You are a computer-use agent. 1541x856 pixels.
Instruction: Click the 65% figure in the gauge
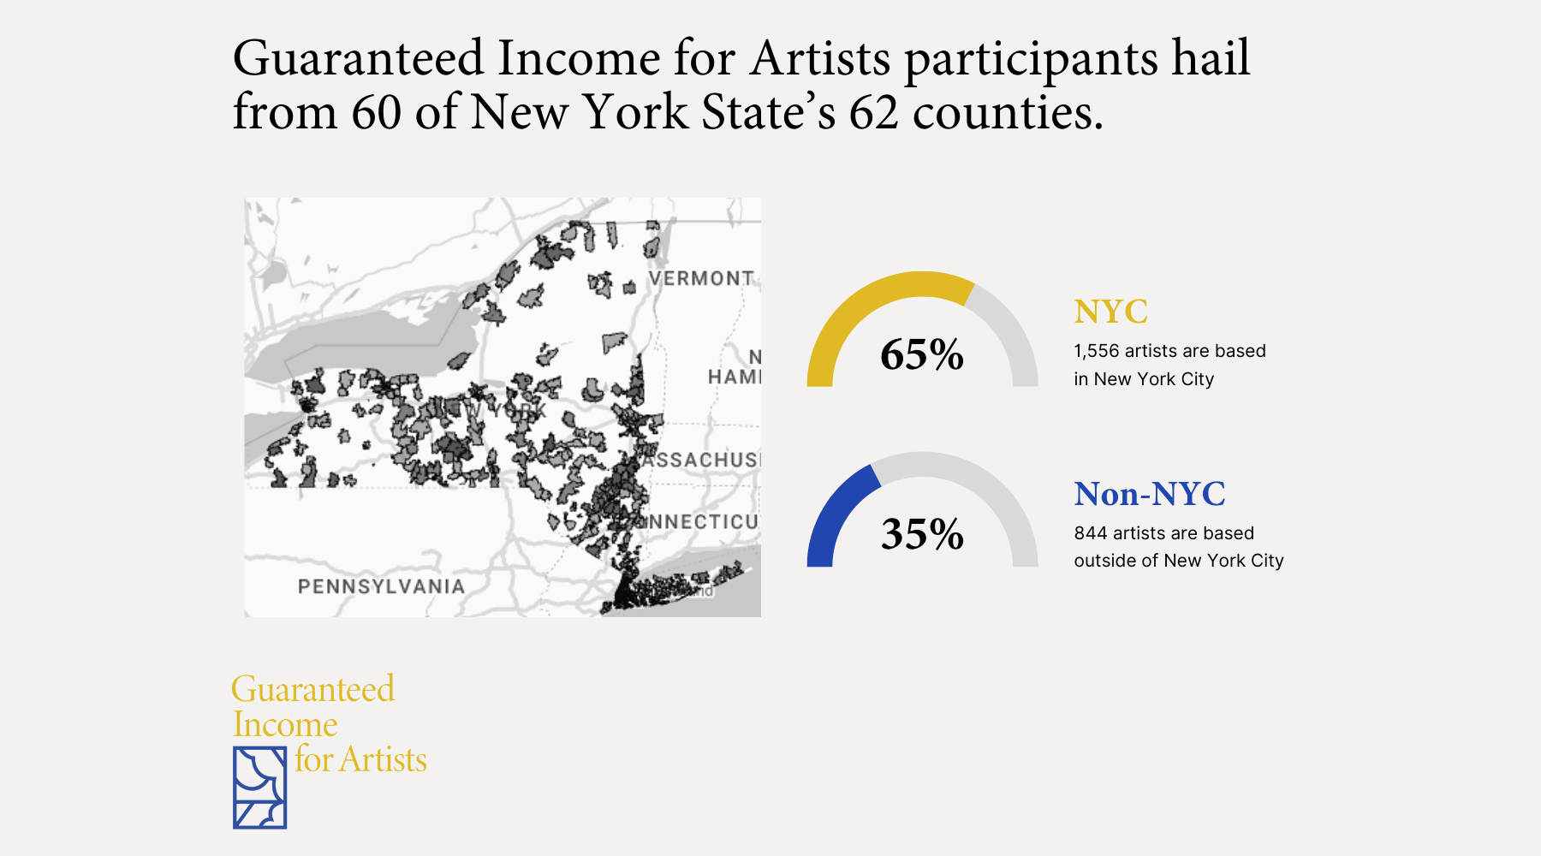click(x=922, y=354)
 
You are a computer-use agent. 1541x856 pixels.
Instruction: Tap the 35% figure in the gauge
click(x=922, y=534)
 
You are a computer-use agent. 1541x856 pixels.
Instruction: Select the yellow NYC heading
click(x=1110, y=312)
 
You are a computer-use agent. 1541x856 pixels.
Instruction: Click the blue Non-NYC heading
click(x=1150, y=494)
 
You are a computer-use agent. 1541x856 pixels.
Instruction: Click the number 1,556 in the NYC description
click(x=1096, y=351)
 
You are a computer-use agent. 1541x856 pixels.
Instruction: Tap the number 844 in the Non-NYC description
click(x=1090, y=533)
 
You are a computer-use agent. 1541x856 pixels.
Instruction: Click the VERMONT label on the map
click(x=701, y=279)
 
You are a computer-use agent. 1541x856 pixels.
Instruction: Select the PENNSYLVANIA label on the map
click(x=381, y=586)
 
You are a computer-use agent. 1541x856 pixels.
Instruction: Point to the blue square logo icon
click(x=259, y=788)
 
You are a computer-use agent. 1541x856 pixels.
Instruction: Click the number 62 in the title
click(x=873, y=112)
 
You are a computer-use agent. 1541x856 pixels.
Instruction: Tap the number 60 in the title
click(x=376, y=112)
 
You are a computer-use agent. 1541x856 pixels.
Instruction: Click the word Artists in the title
click(x=821, y=58)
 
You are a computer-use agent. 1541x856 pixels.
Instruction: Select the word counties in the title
click(x=1007, y=112)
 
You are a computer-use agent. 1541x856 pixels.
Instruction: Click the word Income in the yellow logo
click(x=285, y=725)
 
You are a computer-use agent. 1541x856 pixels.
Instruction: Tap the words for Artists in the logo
click(x=360, y=760)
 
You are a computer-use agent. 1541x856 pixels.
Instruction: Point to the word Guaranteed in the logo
click(x=313, y=689)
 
